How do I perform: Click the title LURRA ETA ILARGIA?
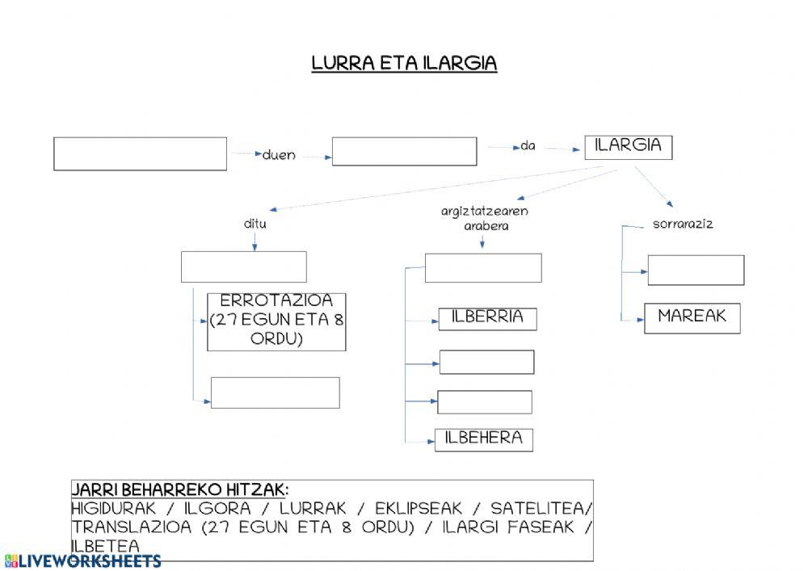coord(404,64)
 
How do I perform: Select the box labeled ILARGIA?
coord(628,146)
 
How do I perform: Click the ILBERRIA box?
coord(487,318)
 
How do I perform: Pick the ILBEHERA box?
coord(484,439)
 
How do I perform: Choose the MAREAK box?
coord(692,317)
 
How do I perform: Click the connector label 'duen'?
coord(279,155)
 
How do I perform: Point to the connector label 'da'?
coord(528,146)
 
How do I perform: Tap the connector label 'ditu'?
coord(255,224)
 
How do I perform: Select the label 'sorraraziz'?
coord(683,224)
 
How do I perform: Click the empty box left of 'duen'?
coord(140,153)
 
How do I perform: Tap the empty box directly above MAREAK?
coord(696,270)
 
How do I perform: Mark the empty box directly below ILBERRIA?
coord(486,362)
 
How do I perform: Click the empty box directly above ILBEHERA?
coord(485,402)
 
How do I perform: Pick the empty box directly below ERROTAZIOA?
coord(275,393)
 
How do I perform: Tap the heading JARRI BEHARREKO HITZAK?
coord(179,490)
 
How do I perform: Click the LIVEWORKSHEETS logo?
coord(82,561)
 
